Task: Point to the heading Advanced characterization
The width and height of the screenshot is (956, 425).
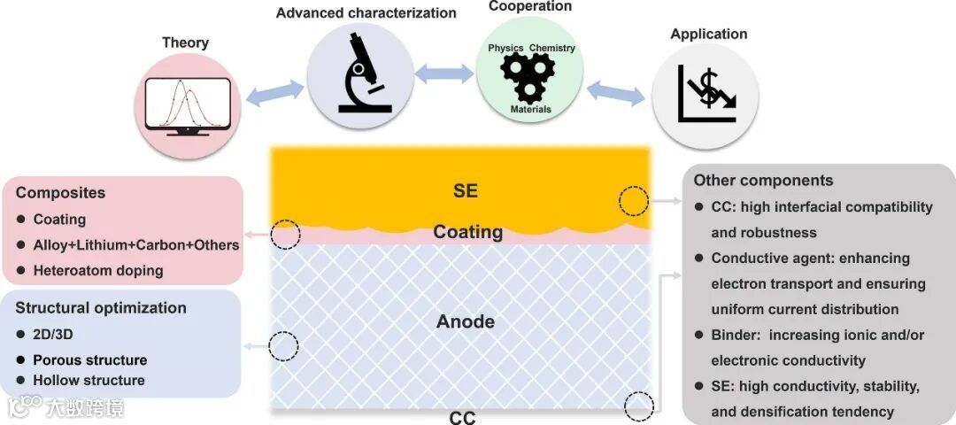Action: [x=366, y=13]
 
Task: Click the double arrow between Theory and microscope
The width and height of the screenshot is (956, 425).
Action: [x=274, y=91]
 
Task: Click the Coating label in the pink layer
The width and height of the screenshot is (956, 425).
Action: [x=467, y=232]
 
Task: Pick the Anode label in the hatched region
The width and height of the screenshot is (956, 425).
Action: [x=466, y=321]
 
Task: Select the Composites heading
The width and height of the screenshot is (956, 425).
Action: [x=60, y=192]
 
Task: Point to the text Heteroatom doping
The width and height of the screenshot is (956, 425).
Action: [x=98, y=270]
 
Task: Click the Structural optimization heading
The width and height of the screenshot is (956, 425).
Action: [x=101, y=308]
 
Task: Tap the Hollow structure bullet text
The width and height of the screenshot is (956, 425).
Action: [x=89, y=380]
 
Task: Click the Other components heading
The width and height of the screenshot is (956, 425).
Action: [x=763, y=180]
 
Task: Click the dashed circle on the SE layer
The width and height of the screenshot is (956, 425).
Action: [x=633, y=202]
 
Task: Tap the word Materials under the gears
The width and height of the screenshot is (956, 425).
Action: [x=530, y=110]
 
